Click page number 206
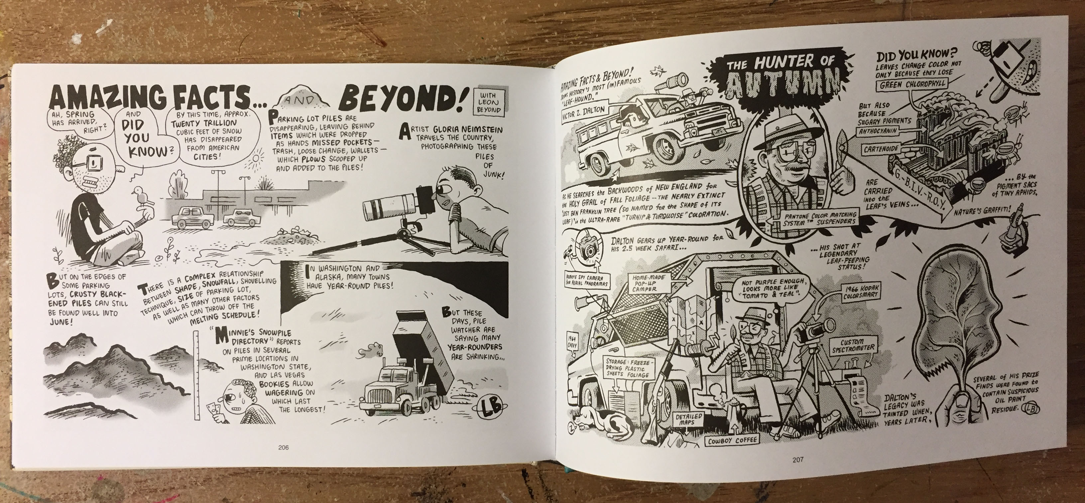pos(284,447)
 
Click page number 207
pos(798,459)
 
